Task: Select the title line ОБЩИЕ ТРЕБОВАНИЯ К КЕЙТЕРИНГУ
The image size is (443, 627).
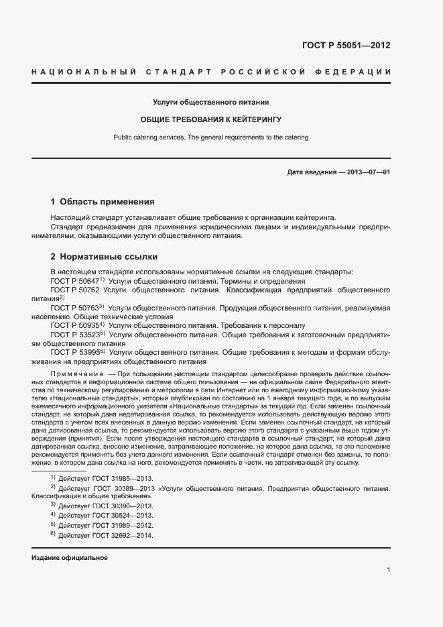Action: pos(210,119)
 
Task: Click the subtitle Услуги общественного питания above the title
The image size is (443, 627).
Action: pos(210,103)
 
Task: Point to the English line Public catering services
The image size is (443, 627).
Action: pos(210,137)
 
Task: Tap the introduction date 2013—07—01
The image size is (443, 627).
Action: pos(365,172)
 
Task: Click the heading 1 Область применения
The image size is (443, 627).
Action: pos(103,201)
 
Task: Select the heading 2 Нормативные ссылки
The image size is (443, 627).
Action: pos(104,256)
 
